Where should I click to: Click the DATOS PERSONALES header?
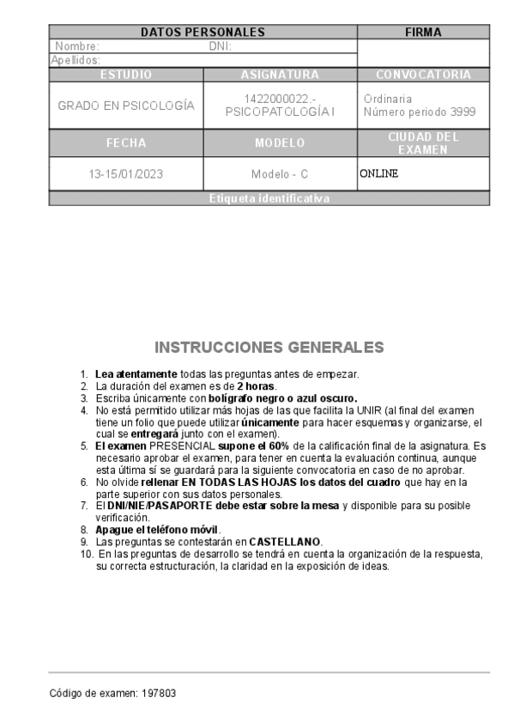(x=203, y=33)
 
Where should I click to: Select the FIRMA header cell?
(x=423, y=33)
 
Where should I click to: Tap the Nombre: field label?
(x=77, y=46)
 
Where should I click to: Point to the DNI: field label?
(x=221, y=46)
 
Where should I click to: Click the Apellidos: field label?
(x=76, y=60)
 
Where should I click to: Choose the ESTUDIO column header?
(x=126, y=75)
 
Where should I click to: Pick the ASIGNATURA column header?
(x=280, y=75)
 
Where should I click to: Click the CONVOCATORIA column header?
(x=423, y=75)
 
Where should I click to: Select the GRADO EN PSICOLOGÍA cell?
(x=126, y=106)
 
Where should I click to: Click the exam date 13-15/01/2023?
(x=126, y=173)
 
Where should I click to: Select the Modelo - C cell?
(x=280, y=173)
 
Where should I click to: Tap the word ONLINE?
(x=379, y=173)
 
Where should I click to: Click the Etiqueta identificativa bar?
(x=269, y=198)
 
